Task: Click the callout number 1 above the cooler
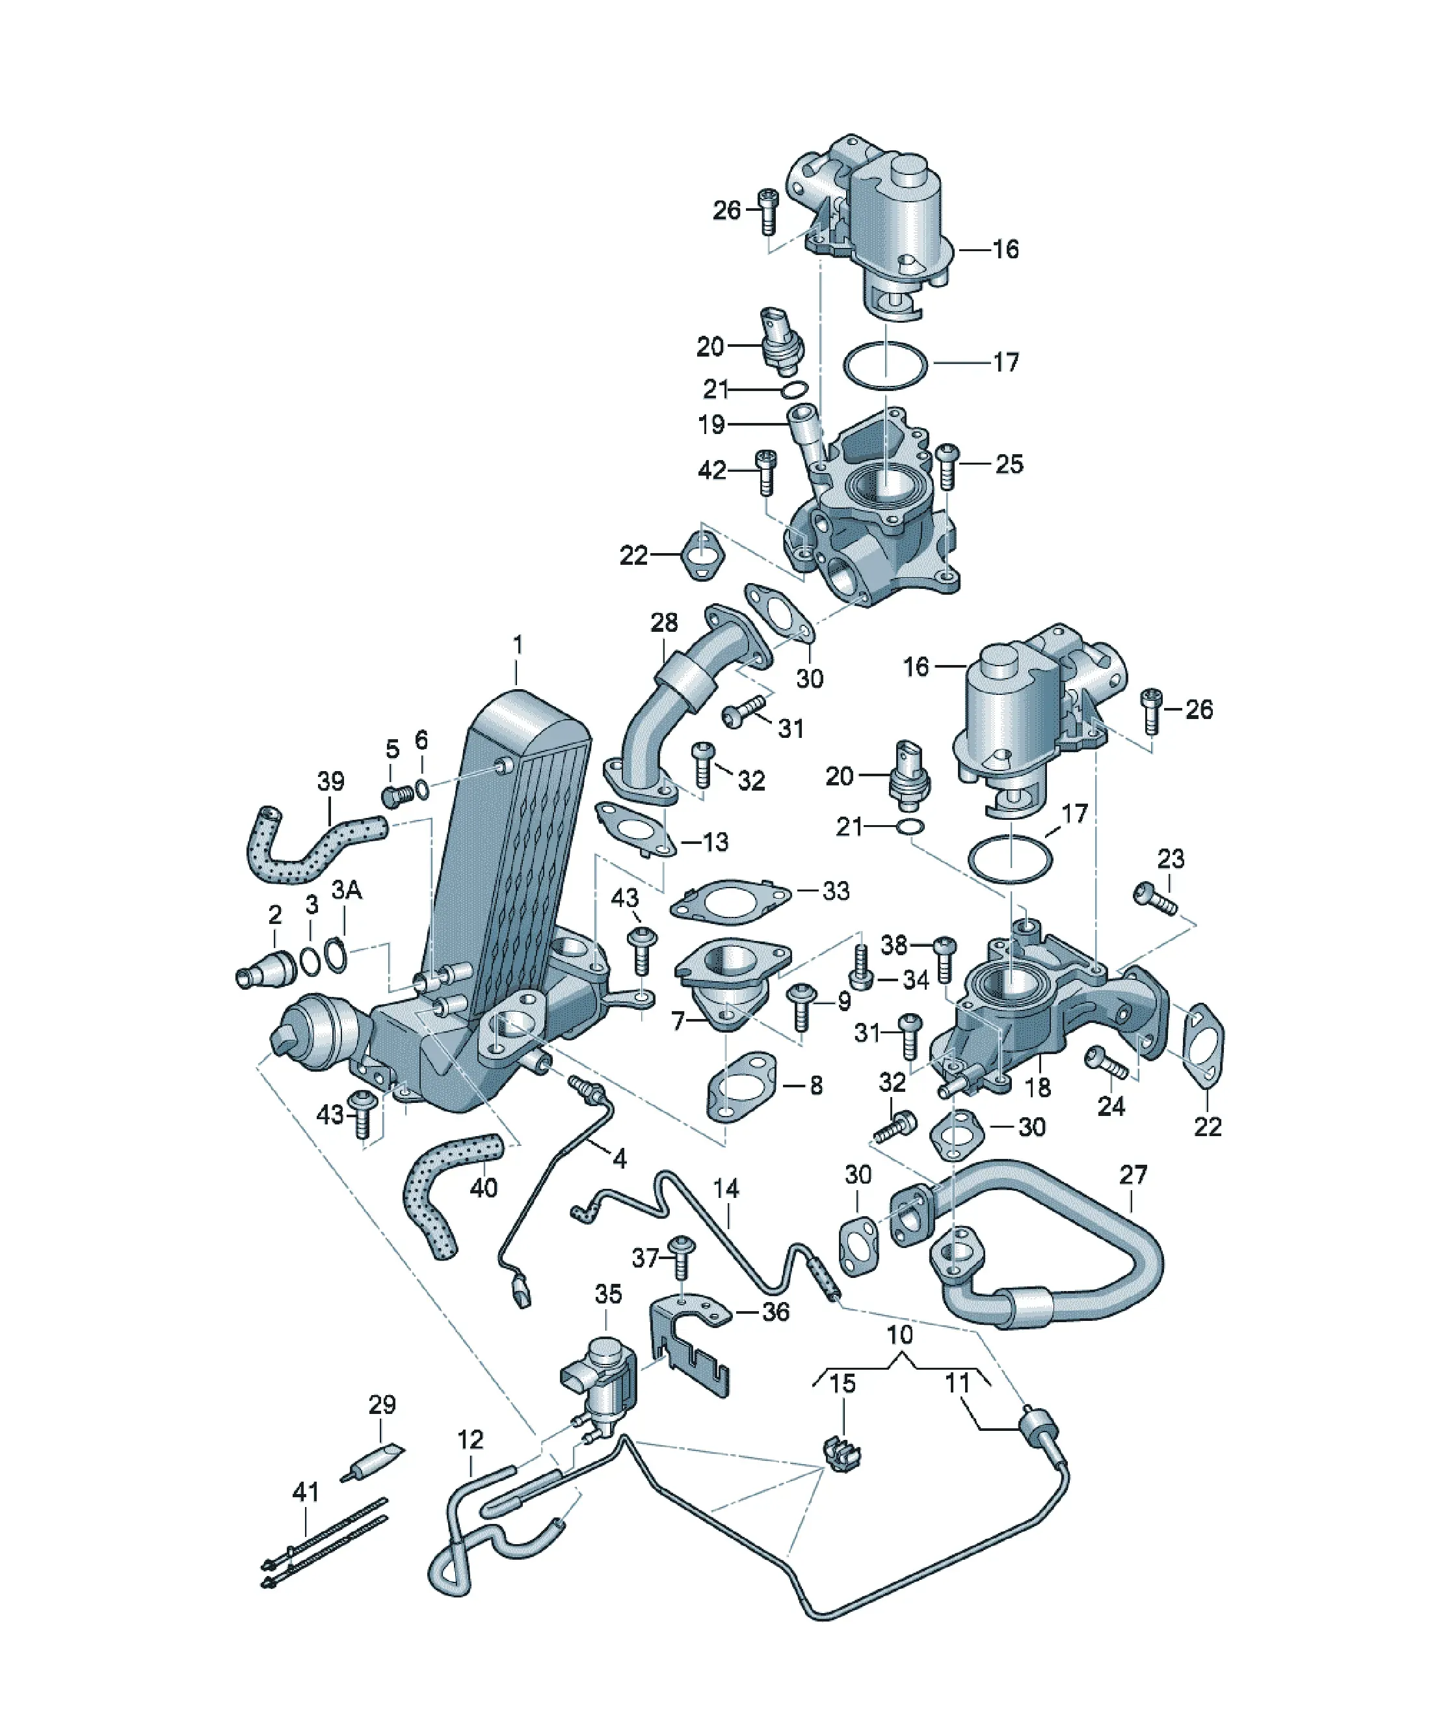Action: (x=517, y=645)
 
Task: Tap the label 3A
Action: (x=347, y=890)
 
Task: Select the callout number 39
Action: (x=331, y=781)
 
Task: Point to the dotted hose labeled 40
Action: (x=448, y=1190)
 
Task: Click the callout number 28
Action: (x=664, y=623)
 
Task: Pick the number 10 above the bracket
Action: (x=900, y=1335)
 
